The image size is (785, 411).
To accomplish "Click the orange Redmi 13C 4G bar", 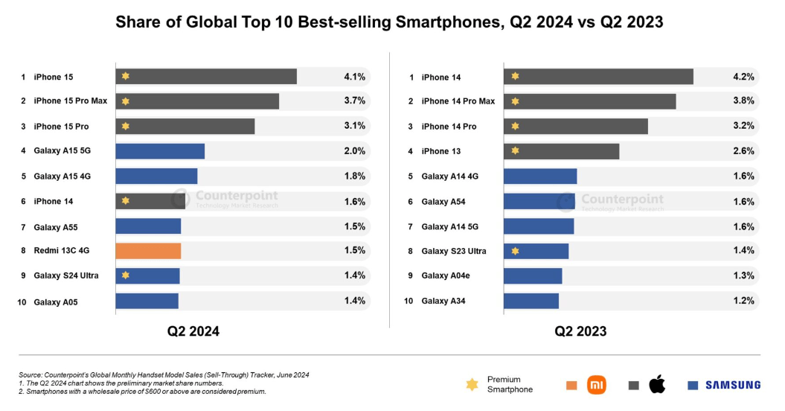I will tap(148, 251).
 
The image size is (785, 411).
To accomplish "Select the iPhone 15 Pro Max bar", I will tap(197, 101).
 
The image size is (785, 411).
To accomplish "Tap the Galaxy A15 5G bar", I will tap(160, 151).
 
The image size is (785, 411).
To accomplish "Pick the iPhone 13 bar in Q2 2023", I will tap(561, 151).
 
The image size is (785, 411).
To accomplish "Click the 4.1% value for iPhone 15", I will tap(354, 77).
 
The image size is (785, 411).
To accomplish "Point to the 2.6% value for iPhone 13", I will tap(743, 151).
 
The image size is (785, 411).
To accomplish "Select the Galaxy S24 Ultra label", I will tap(65, 276).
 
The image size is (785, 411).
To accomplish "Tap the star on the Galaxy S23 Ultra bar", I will tap(514, 251).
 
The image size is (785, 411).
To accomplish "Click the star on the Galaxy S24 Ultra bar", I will tap(126, 276).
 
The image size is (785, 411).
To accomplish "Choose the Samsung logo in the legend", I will tap(733, 385).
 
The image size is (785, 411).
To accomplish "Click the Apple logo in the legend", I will tap(657, 385).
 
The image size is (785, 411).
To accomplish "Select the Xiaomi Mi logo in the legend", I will tap(596, 385).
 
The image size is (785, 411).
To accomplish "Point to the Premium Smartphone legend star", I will tap(472, 385).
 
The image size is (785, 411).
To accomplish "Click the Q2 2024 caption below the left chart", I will tap(193, 331).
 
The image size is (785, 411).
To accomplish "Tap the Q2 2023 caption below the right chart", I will tap(580, 331).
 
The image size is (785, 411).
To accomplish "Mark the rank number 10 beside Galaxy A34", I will tap(408, 301).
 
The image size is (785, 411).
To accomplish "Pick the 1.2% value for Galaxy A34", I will tap(743, 301).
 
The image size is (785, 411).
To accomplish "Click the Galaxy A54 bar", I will tap(539, 201).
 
